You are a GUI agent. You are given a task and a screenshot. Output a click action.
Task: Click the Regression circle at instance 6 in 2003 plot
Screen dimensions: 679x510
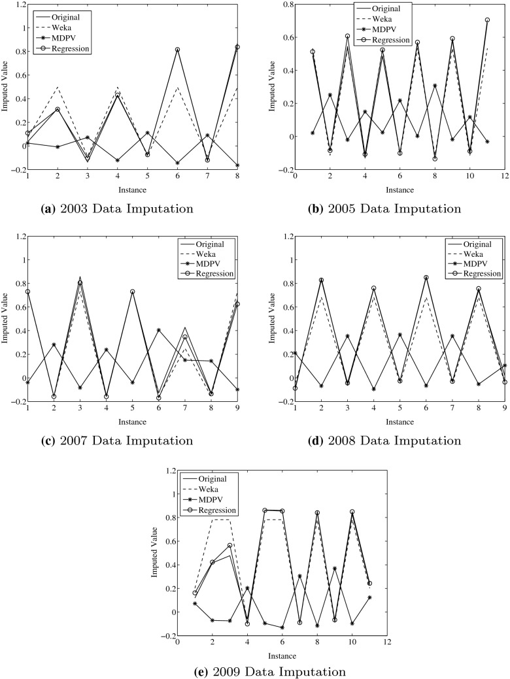[177, 50]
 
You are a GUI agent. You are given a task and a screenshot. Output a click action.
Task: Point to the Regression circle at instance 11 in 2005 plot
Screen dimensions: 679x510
[469, 20]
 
